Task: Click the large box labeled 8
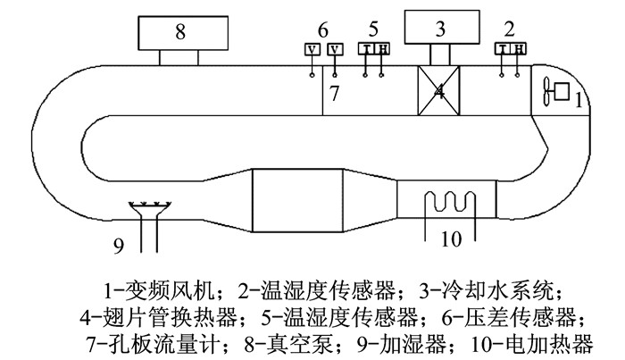[183, 33]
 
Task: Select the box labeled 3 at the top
[442, 27]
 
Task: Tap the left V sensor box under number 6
[312, 49]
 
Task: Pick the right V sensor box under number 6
[335, 49]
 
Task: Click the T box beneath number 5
[365, 49]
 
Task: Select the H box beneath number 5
[381, 49]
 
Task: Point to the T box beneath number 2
[503, 48]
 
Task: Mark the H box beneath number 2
[519, 48]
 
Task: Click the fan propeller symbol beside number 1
[546, 91]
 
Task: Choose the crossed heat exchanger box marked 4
[438, 91]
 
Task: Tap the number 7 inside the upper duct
[334, 93]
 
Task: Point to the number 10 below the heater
[451, 239]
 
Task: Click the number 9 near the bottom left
[119, 246]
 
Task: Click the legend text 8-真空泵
[288, 345]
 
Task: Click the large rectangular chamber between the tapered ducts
[297, 200]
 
